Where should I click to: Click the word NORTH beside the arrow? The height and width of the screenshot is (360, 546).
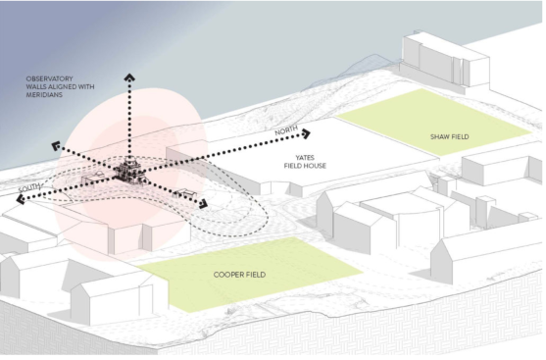(286, 130)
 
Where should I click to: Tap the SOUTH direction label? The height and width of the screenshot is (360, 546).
(29, 188)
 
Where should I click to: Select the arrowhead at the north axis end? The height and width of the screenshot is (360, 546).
(306, 133)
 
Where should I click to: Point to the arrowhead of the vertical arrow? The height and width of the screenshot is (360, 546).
(129, 77)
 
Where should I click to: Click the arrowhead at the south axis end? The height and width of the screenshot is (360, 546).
(22, 199)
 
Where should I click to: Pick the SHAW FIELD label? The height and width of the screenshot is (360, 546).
(450, 137)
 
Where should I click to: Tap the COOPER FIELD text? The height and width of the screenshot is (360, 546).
(239, 275)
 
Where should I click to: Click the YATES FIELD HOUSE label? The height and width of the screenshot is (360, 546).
(305, 162)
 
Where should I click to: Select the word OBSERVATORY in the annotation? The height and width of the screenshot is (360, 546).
(49, 78)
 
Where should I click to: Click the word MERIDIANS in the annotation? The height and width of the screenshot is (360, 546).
(44, 95)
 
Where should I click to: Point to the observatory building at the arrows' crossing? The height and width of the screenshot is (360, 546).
(129, 171)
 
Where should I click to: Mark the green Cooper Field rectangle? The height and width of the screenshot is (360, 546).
(249, 275)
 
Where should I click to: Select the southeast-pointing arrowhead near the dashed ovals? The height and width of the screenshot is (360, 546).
(203, 204)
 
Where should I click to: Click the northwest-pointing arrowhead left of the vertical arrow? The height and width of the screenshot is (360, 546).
(56, 146)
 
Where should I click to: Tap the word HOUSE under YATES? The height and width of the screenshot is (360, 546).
(315, 166)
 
